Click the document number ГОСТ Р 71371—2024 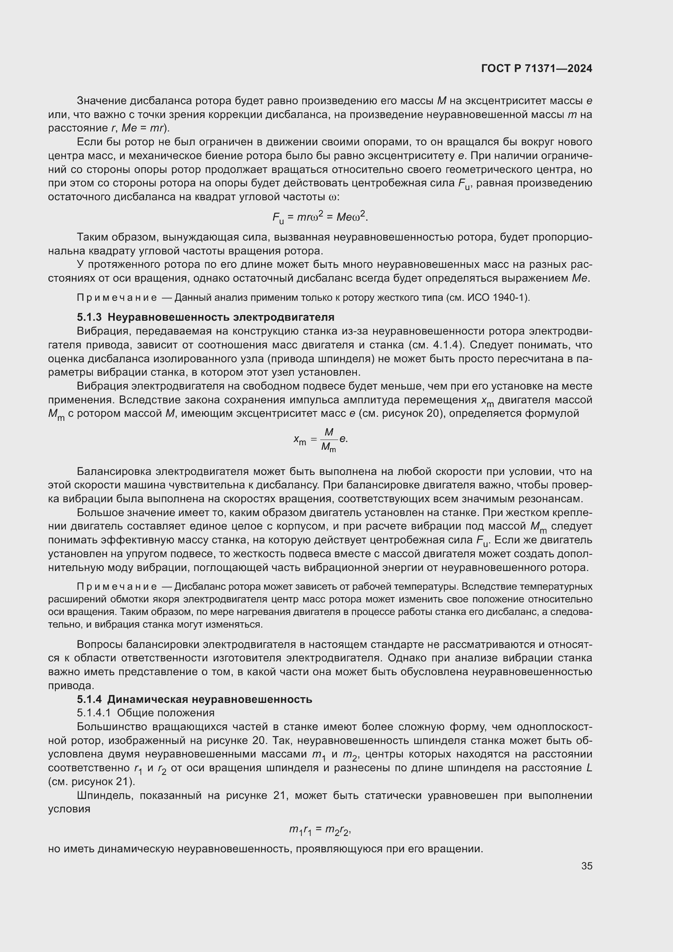tap(537, 69)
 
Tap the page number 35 tap(586, 866)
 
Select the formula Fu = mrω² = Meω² tap(320, 217)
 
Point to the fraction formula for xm tap(321, 440)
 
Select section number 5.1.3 tap(89, 317)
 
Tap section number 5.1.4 tap(89, 699)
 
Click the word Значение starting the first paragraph tap(102, 101)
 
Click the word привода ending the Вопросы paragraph tap(70, 685)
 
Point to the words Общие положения tap(166, 713)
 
